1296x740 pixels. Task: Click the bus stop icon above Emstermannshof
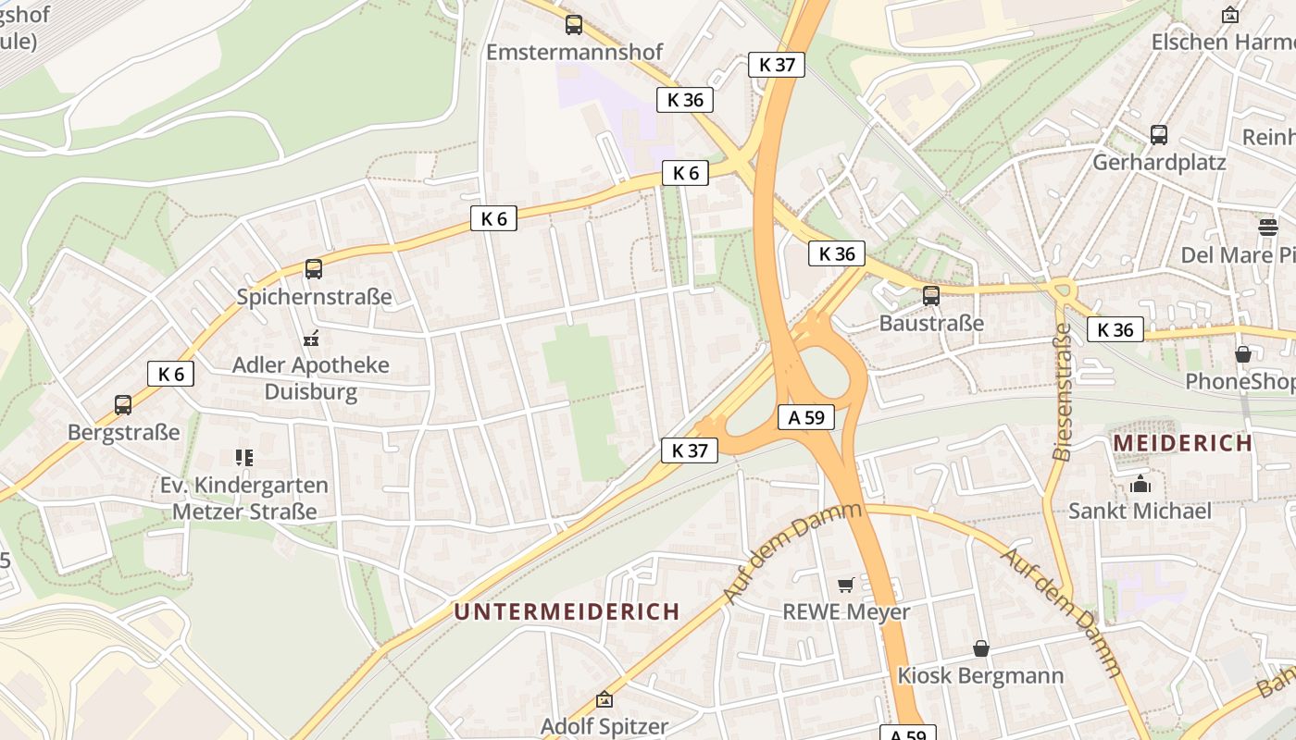tap(574, 25)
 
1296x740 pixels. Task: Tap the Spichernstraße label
tap(314, 297)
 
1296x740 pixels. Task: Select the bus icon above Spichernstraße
tap(314, 269)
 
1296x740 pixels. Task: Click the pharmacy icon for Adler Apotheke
tap(311, 339)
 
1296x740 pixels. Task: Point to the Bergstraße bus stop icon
tap(123, 405)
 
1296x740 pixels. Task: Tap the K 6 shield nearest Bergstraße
tap(170, 374)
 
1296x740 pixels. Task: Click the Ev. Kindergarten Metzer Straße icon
tap(244, 457)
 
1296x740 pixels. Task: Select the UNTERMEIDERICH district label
tap(567, 611)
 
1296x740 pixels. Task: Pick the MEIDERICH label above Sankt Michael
tap(1182, 443)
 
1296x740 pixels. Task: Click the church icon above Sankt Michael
tap(1140, 484)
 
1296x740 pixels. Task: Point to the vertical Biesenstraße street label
tap(1063, 391)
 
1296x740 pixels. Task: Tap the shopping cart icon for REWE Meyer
tap(845, 585)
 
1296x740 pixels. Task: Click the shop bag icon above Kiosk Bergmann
tap(980, 648)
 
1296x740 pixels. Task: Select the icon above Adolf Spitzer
tap(604, 699)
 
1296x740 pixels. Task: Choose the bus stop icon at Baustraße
tap(931, 296)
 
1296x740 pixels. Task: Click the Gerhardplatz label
tap(1159, 162)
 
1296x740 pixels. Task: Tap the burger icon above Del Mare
tap(1267, 227)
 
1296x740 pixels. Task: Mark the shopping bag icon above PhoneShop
tap(1242, 354)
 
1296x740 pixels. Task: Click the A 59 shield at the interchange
tap(805, 417)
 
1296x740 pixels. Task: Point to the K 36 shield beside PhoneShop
tap(1115, 329)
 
